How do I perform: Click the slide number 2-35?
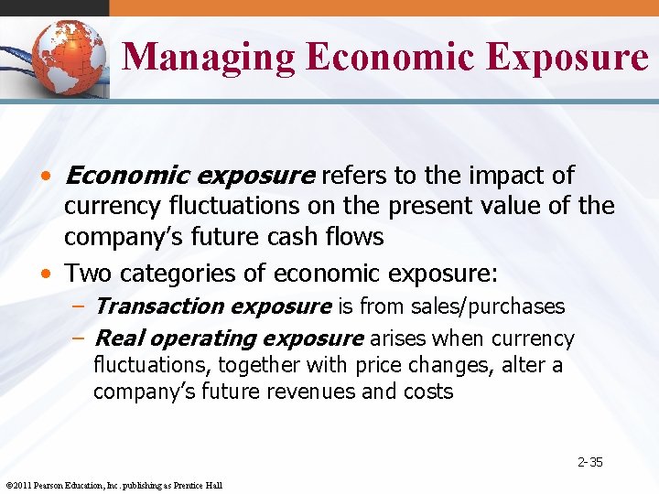[589, 462]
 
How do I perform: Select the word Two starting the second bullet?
[87, 273]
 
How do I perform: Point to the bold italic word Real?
[117, 338]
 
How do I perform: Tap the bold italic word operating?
[191, 338]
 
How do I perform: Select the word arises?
[397, 338]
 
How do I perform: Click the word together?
[261, 366]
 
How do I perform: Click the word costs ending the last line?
[428, 392]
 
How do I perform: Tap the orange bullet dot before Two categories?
[54, 273]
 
